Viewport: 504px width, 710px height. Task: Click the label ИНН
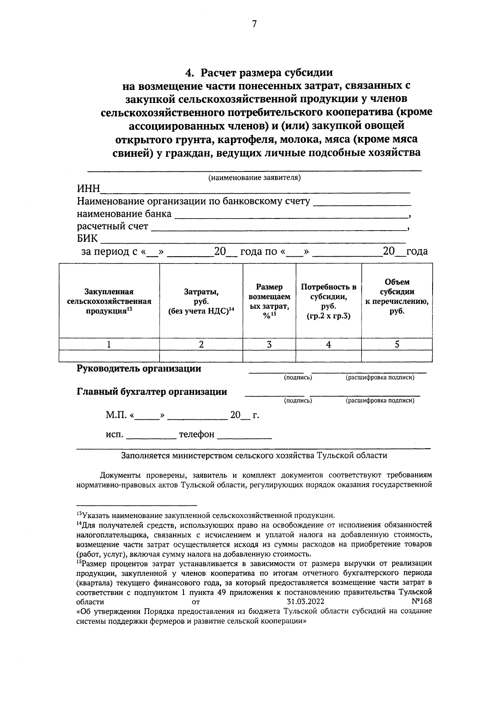click(x=88, y=189)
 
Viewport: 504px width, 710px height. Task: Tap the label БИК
click(x=87, y=239)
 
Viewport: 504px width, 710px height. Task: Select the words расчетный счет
click(x=113, y=226)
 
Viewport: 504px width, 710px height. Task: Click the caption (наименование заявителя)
click(x=255, y=177)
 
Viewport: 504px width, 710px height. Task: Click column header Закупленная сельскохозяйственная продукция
click(x=109, y=301)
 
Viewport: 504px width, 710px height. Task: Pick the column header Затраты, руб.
click(x=201, y=301)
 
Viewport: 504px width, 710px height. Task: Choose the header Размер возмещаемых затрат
click(x=269, y=301)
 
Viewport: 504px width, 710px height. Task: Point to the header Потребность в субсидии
click(x=328, y=301)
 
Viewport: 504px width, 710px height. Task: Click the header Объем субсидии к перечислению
click(x=397, y=297)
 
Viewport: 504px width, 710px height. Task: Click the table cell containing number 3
click(x=269, y=344)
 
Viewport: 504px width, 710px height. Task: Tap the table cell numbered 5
click(x=397, y=344)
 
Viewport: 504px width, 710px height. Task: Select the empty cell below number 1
click(x=109, y=356)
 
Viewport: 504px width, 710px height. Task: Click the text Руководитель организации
click(x=139, y=369)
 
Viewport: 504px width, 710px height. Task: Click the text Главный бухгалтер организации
click(x=152, y=392)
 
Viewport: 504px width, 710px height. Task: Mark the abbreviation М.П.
click(x=117, y=415)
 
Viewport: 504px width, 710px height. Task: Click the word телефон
click(x=197, y=434)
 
